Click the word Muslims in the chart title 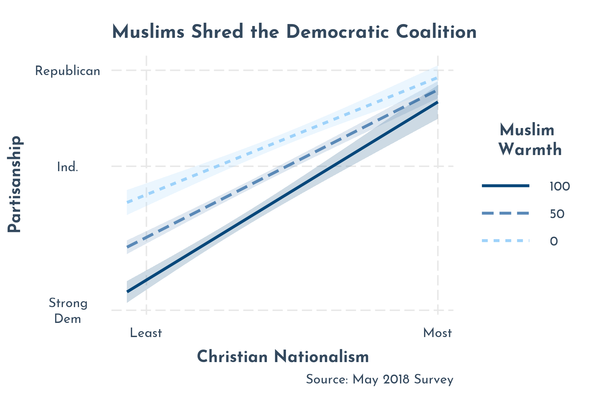(x=148, y=32)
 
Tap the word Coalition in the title (x=436, y=32)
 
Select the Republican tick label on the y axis (x=68, y=71)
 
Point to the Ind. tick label (x=68, y=167)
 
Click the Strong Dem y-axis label (x=68, y=311)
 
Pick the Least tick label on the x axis (x=146, y=333)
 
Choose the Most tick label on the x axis (x=438, y=333)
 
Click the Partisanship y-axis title (x=15, y=184)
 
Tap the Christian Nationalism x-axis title (x=283, y=357)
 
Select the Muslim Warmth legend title (x=529, y=140)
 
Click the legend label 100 (x=560, y=187)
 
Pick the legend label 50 (x=557, y=214)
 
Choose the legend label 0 (x=554, y=242)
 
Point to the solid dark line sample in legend (x=505, y=186)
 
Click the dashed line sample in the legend (x=505, y=214)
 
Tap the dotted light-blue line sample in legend (x=505, y=241)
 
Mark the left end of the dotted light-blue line (x=128, y=202)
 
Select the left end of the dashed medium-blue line (x=128, y=247)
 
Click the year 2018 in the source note (x=396, y=380)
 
